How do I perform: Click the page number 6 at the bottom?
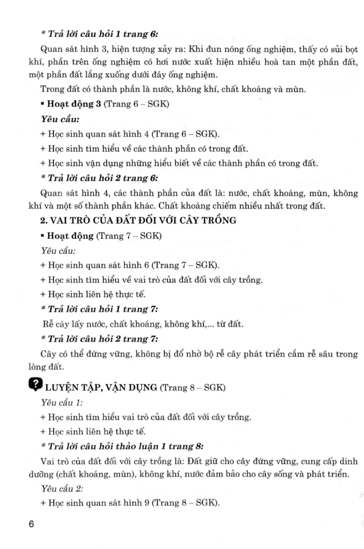(x=32, y=524)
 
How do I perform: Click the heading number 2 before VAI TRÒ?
(x=43, y=220)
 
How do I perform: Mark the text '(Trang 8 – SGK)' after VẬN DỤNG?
(x=192, y=388)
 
